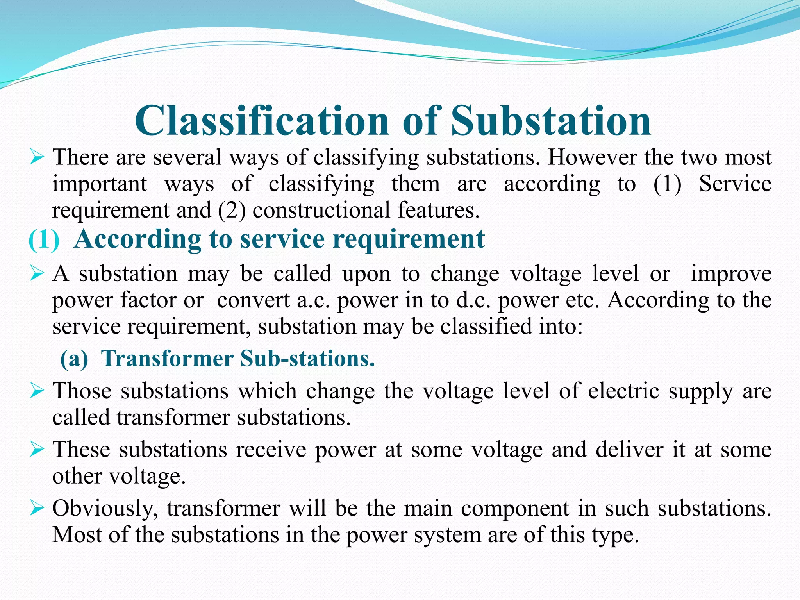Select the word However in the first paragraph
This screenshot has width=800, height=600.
click(592, 157)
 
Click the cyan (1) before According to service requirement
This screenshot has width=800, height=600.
click(44, 239)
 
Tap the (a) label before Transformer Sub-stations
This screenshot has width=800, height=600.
click(74, 359)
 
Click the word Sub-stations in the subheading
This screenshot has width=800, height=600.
click(307, 358)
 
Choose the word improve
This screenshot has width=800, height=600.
click(731, 274)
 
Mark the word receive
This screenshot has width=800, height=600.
click(271, 450)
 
